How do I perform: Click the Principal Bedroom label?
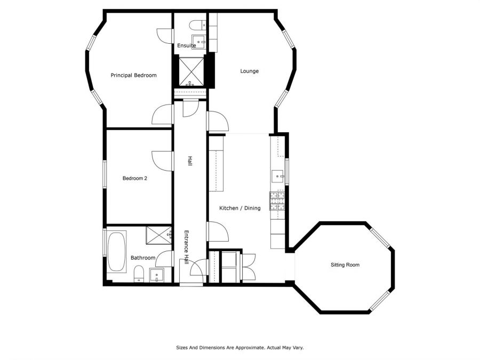[x=133, y=75]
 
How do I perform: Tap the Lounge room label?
[x=250, y=71]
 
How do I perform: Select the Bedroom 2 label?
[x=135, y=178]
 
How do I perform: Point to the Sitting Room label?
[x=345, y=265]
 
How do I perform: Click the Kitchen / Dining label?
[x=240, y=208]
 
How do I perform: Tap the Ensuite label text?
[x=187, y=46]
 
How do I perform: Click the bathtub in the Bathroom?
[x=117, y=252]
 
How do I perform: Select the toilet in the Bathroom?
[x=139, y=274]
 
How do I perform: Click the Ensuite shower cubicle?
[x=191, y=71]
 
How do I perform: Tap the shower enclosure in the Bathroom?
[x=159, y=235]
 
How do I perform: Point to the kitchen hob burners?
[x=277, y=201]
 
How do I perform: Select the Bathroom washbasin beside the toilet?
[x=156, y=275]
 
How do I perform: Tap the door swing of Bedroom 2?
[x=162, y=161]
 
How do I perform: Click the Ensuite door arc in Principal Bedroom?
[x=165, y=36]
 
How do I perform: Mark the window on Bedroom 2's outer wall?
[x=105, y=174]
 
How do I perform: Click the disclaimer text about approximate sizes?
[x=239, y=348]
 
